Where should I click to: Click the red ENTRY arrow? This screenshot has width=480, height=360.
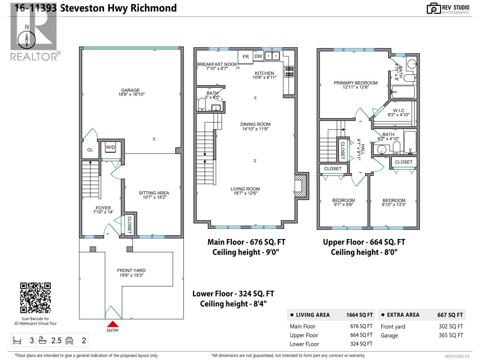pos(113,324)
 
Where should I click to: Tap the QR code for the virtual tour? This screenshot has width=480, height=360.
pos(35,298)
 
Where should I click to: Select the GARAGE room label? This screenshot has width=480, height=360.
pos(130,90)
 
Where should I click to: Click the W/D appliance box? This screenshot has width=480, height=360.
pos(110,147)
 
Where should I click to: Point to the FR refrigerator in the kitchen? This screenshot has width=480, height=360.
pos(246,57)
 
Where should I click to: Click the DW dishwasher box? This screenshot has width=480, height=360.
pos(258,56)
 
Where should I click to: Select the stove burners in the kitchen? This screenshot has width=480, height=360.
pos(289,71)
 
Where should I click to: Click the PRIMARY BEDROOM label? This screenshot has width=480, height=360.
pos(355,83)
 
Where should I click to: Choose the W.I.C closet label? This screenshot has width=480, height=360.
pos(398,110)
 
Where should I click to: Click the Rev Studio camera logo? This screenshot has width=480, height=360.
pos(433,9)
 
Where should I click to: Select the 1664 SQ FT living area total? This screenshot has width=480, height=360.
pos(359,315)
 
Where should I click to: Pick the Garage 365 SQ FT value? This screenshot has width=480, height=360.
pos(451,335)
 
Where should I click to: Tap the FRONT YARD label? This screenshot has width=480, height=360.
pos(131,270)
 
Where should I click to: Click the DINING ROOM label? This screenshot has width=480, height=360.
pos(255,124)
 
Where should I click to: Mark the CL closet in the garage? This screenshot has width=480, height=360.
pos(90,150)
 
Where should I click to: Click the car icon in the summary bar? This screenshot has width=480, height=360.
pos(70,340)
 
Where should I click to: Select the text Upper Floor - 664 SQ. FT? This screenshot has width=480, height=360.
pos(364,242)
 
